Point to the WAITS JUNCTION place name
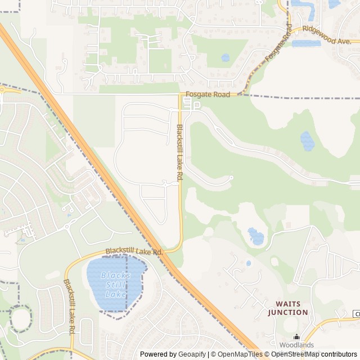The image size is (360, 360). [287, 308]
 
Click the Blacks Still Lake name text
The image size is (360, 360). [115, 285]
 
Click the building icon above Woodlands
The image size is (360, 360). [296, 336]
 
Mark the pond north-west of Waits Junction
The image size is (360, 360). [256, 236]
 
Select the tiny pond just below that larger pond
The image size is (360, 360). [249, 263]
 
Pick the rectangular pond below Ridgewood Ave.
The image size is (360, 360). [306, 43]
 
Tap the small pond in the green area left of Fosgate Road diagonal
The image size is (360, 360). [226, 57]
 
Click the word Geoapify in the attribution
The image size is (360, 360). [191, 354]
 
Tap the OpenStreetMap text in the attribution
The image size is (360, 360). [298, 354]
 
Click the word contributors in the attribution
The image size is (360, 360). [339, 354]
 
